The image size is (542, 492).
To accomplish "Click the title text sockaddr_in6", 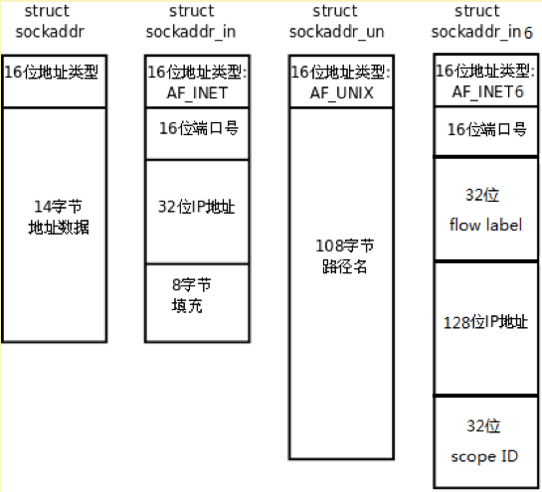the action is pos(482,32).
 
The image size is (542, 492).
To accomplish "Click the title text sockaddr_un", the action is pos(337,32).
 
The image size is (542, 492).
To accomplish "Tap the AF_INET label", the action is pos(197,93).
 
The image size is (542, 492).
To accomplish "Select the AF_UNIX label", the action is pos(341,93).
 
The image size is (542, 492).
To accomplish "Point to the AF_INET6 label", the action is pos(487,91).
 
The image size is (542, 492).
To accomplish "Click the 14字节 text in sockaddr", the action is pos(58,207).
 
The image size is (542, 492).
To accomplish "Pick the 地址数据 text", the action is pos(59,228).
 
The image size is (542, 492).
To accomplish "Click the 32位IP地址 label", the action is pos(196,207).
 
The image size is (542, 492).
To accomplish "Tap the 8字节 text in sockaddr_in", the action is pos(192,285).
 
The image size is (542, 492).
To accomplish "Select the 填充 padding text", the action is pos(187,306).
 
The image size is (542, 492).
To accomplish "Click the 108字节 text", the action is pos(345,246).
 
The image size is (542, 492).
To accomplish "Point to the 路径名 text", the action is pos(345,266).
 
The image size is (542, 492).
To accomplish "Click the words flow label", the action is pos(485,225).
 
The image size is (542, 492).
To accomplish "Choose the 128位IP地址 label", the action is pos(485,322).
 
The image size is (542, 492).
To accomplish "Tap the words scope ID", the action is pos(484,456).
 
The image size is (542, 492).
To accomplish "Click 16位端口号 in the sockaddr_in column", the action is pos(199,128).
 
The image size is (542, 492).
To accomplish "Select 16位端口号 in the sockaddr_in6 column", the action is pos(487,129).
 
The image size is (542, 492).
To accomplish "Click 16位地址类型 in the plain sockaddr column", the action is pos(51,72).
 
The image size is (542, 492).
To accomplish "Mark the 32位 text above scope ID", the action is pos(483,426).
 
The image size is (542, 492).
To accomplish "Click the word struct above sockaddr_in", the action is pos(192,11).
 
